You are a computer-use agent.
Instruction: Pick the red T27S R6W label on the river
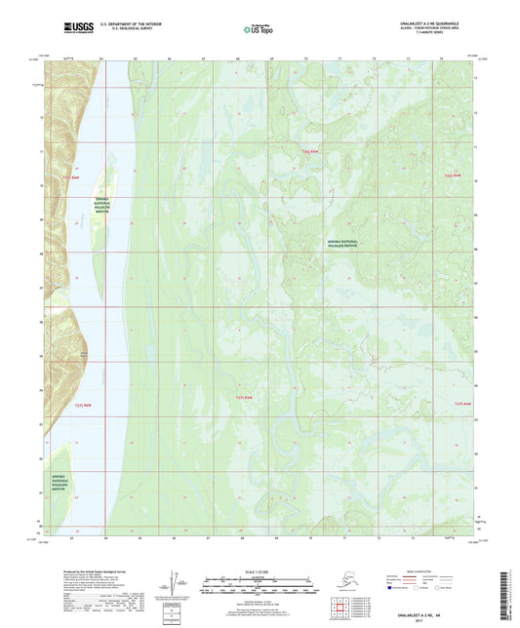coord(81,404)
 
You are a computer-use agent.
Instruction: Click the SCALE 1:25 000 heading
coord(260,569)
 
